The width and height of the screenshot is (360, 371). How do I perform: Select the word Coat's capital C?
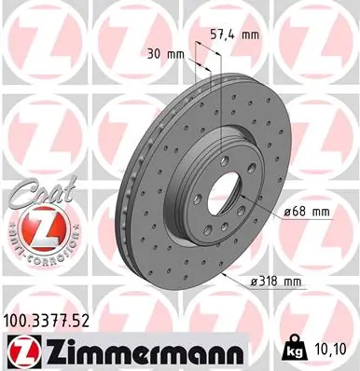[19, 198]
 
